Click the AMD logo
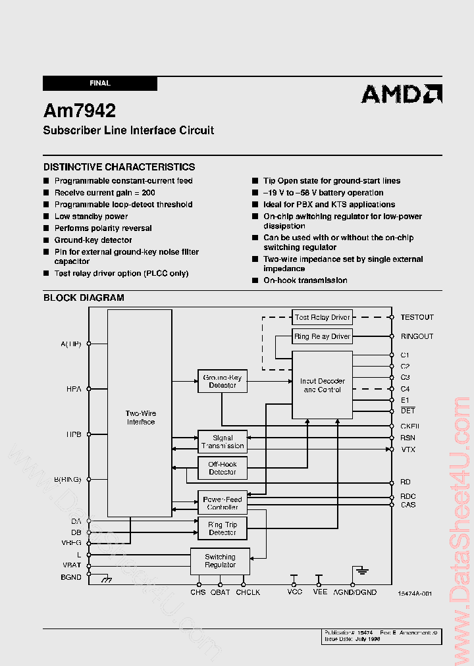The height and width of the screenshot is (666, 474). click(x=402, y=94)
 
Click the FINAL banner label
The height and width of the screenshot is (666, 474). click(x=100, y=84)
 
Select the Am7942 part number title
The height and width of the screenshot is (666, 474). click(x=80, y=111)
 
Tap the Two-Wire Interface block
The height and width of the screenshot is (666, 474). click(x=140, y=417)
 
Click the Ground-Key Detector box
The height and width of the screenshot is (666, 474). click(x=223, y=381)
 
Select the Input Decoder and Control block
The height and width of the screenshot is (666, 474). click(x=322, y=385)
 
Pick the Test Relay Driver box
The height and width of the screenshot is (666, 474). click(x=322, y=317)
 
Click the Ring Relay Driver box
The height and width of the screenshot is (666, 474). click(x=322, y=336)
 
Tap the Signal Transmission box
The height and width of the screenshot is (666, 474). click(x=223, y=442)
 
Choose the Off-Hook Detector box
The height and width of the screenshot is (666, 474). click(x=223, y=468)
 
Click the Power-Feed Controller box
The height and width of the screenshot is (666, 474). click(x=223, y=503)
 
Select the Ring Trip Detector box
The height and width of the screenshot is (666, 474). click(x=223, y=528)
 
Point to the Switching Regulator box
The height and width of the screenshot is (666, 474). click(x=220, y=561)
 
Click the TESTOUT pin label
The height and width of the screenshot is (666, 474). click(x=417, y=317)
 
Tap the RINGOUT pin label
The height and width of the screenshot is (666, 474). click(x=417, y=336)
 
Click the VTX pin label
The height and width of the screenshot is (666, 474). click(x=408, y=449)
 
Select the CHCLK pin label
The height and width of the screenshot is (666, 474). click(x=248, y=592)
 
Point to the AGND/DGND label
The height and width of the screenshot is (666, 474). click(x=355, y=592)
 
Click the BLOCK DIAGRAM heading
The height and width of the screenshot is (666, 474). click(x=84, y=297)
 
